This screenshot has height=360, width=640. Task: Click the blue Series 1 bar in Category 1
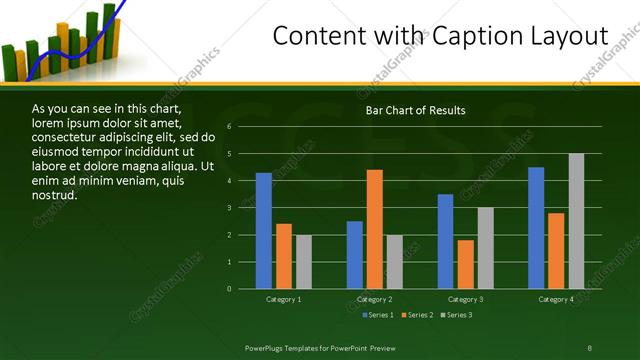click(x=264, y=231)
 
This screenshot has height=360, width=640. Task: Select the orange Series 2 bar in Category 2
click(x=375, y=229)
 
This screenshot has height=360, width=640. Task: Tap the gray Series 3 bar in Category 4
click(x=576, y=221)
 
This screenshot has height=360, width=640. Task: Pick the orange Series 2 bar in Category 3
click(x=465, y=264)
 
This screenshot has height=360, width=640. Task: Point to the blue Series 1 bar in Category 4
click(x=536, y=228)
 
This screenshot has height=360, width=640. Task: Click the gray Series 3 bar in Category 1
click(x=304, y=262)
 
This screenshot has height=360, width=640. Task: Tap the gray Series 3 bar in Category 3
click(x=485, y=248)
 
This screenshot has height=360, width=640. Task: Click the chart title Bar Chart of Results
click(x=415, y=110)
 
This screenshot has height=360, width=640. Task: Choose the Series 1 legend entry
click(x=376, y=315)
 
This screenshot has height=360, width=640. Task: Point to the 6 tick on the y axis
click(x=229, y=127)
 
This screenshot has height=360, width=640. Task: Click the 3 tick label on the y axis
click(x=229, y=208)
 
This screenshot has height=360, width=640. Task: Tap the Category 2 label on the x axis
click(x=375, y=299)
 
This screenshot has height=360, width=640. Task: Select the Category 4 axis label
click(x=556, y=299)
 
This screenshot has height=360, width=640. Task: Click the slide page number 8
click(x=590, y=347)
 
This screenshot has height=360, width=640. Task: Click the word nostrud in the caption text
click(x=54, y=194)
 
